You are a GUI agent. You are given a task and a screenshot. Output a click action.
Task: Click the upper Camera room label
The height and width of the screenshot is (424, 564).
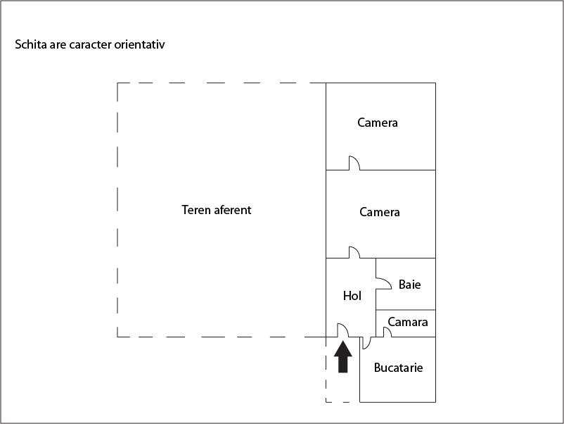(x=378, y=123)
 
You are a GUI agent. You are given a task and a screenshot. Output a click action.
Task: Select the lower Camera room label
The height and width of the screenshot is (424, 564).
(x=380, y=212)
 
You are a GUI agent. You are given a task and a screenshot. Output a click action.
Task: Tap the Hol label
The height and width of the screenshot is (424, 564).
(x=352, y=296)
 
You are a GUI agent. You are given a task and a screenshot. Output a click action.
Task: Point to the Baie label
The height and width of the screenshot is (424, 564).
(x=410, y=285)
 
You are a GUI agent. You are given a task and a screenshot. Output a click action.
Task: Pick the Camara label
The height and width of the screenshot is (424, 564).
(x=408, y=322)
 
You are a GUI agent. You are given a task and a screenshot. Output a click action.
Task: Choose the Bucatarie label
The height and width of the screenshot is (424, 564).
(x=398, y=368)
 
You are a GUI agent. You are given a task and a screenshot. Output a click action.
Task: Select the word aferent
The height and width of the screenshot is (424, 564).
(x=233, y=210)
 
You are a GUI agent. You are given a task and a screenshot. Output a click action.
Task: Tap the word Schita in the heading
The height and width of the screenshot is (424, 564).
(x=31, y=44)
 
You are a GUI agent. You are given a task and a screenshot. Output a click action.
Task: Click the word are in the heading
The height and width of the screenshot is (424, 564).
(x=58, y=45)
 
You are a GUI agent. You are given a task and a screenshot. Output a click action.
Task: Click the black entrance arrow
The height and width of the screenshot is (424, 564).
(x=343, y=356)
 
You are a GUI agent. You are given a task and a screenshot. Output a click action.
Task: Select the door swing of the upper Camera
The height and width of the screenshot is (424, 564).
(x=354, y=163)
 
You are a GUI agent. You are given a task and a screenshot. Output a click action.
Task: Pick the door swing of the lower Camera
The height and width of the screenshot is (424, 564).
(x=354, y=252)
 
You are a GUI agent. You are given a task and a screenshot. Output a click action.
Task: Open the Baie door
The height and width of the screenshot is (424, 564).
(x=384, y=283)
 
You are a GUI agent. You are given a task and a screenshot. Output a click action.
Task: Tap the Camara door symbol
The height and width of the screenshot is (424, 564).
(x=387, y=332)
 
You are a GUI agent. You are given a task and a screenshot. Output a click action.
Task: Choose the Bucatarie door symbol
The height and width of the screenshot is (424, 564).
(x=366, y=343)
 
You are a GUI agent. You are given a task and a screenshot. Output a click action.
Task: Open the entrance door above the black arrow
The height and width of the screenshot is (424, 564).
(x=342, y=330)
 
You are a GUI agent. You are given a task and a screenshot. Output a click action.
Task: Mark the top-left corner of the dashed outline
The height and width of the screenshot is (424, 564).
(x=117, y=83)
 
